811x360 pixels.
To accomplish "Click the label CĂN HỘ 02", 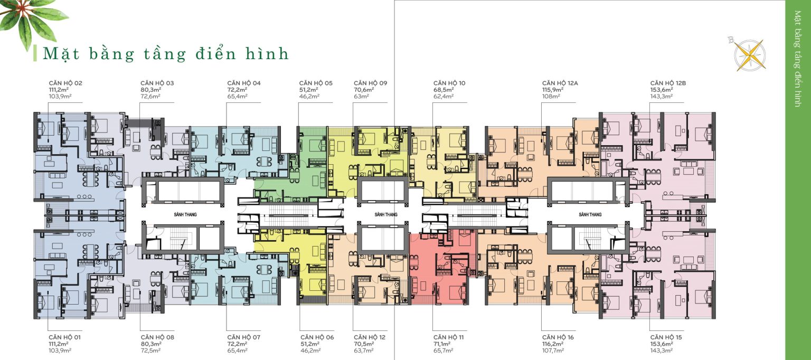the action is (x=65, y=83).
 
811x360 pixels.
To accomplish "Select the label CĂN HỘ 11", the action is (x=449, y=337).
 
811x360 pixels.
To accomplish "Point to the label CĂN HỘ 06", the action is (x=317, y=337).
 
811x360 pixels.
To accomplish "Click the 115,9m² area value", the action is (x=553, y=90).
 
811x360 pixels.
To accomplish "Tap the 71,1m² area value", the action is (x=442, y=344).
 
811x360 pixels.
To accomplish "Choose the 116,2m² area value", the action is (x=553, y=344).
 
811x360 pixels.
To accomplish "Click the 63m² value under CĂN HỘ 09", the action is (x=361, y=97).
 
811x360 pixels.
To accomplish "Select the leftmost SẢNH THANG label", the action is (x=185, y=214).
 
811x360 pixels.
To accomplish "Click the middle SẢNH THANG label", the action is (x=386, y=214).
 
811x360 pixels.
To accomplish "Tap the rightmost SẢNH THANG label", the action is (x=590, y=214).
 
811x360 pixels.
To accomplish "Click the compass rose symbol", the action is (x=749, y=55).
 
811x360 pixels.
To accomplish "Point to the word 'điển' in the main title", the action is (x=215, y=53).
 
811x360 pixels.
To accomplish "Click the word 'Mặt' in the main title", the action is (x=61, y=53).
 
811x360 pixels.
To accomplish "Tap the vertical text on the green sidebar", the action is (x=798, y=59).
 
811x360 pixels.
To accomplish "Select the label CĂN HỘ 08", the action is (x=157, y=337).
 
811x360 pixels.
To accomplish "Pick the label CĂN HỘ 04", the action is (x=244, y=83).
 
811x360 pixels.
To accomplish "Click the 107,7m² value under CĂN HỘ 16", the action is (x=553, y=350).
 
